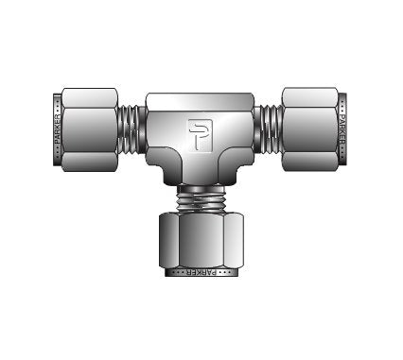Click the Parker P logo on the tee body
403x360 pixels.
click(201, 135)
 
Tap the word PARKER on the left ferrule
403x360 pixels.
click(57, 129)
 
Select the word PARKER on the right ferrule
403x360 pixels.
click(342, 129)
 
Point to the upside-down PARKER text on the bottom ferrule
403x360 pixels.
click(201, 272)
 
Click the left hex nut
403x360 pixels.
click(90, 129)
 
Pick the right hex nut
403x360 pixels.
click(310, 129)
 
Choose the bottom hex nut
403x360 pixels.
click(201, 240)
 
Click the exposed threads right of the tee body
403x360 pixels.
click(268, 129)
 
